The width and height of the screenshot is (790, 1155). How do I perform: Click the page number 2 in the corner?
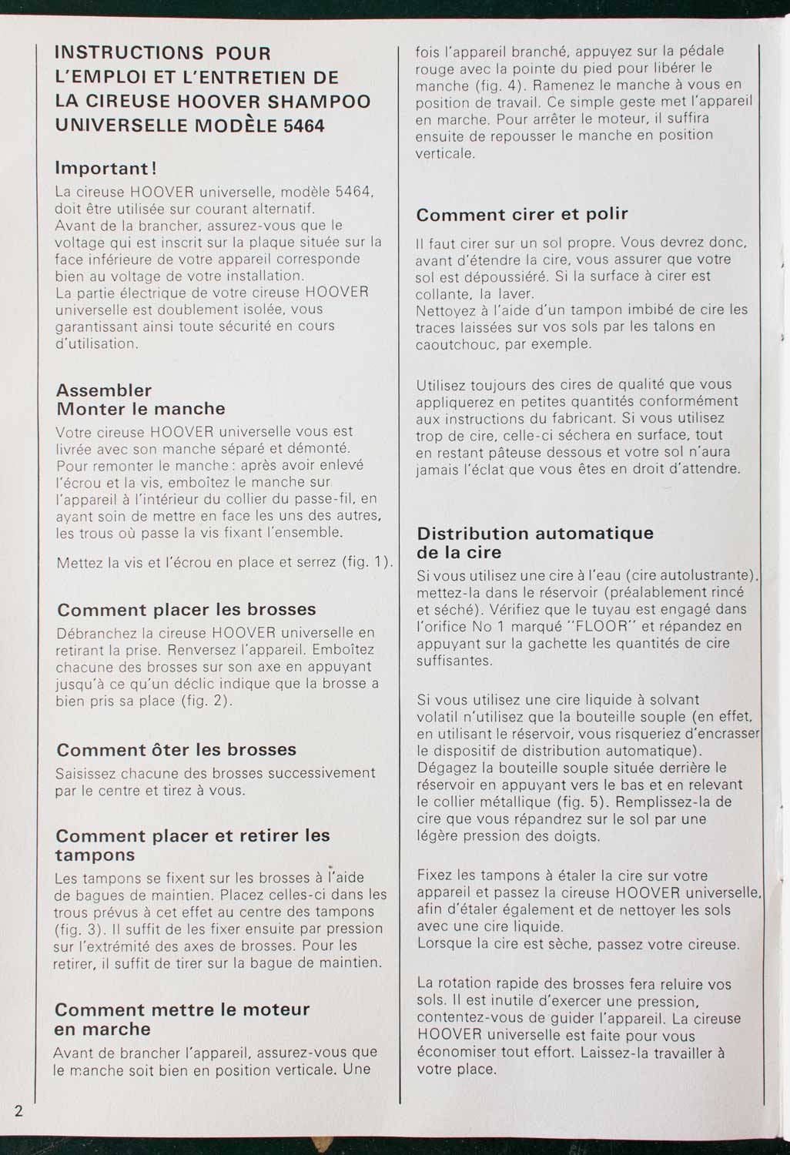[x=18, y=1110]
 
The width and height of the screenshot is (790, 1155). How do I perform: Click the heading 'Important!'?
[x=106, y=168]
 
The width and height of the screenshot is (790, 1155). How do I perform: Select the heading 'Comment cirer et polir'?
[x=522, y=214]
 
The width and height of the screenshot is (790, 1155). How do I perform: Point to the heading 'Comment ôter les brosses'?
[x=176, y=749]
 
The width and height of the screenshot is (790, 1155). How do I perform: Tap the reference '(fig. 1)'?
[x=367, y=562]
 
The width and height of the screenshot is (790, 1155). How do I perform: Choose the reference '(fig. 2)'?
[x=206, y=701]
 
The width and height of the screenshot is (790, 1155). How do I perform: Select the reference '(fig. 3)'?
[x=79, y=928]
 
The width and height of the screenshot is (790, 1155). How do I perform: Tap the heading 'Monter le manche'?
[x=141, y=409]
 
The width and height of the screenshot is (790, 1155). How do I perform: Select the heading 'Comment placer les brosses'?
[x=186, y=610]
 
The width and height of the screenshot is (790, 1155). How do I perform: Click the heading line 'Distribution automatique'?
[x=534, y=533]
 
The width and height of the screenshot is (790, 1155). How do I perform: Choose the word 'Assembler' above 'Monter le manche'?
[x=104, y=390]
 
